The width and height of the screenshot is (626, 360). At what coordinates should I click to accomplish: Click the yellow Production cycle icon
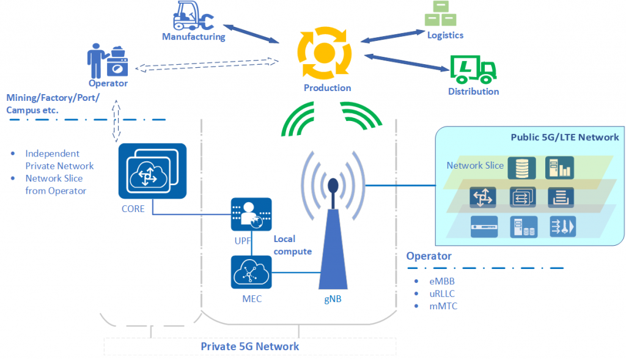click(x=325, y=53)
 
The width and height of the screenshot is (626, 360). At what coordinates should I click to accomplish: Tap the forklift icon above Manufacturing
click(x=193, y=15)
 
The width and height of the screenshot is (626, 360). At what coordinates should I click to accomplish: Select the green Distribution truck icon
click(x=473, y=70)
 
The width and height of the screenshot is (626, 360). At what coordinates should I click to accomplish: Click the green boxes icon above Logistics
click(x=440, y=13)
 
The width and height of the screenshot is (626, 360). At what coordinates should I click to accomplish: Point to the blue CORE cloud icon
click(x=152, y=171)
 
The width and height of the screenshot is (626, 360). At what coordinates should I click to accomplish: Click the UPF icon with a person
click(x=251, y=215)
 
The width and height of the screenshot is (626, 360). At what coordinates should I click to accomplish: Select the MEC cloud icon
click(x=251, y=272)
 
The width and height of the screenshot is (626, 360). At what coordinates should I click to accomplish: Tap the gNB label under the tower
click(x=333, y=299)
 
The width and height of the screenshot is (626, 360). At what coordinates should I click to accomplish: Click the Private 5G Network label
click(x=249, y=347)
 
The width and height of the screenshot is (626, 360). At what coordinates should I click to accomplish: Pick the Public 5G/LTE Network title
click(x=564, y=138)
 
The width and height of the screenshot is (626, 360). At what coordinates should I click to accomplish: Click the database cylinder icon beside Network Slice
click(x=522, y=168)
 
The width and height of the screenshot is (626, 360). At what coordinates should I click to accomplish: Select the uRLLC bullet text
click(x=442, y=294)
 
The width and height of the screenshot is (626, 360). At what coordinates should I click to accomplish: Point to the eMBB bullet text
click(x=442, y=281)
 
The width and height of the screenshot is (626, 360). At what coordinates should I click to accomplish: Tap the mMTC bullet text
click(x=443, y=306)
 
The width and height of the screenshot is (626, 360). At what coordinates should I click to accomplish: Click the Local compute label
click(x=293, y=245)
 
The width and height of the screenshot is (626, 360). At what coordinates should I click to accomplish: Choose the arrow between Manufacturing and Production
click(x=251, y=34)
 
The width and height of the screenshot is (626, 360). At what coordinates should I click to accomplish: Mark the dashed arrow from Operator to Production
click(x=207, y=65)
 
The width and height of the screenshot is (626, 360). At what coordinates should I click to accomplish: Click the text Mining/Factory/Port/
click(x=53, y=98)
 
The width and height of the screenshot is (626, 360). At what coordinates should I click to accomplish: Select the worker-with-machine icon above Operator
click(x=108, y=61)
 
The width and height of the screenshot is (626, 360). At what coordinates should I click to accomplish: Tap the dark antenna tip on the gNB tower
click(x=333, y=186)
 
